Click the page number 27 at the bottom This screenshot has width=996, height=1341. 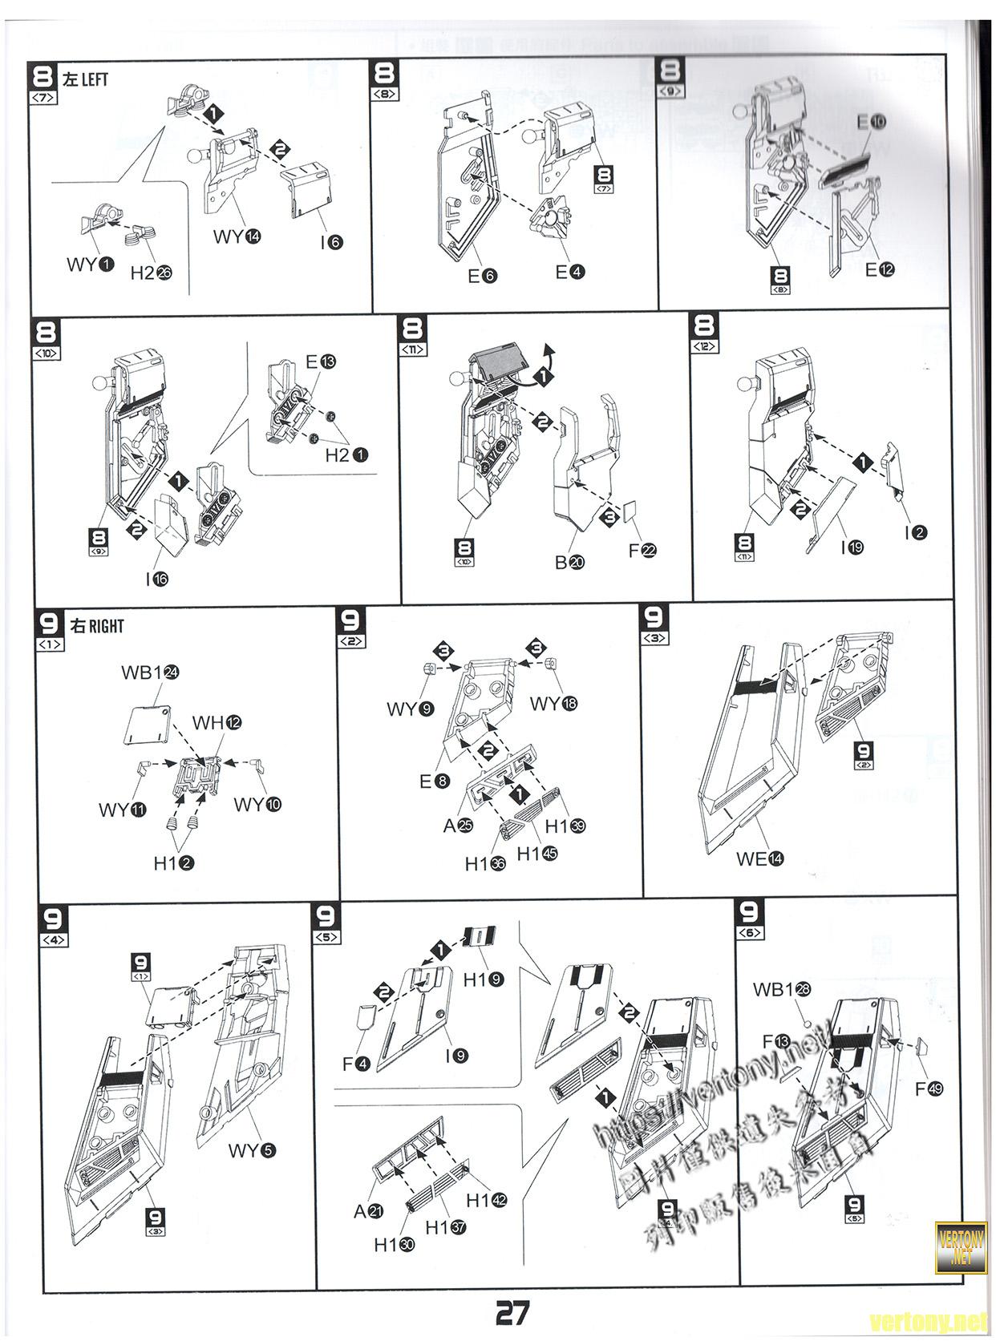point(512,1313)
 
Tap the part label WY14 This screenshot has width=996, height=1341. point(237,236)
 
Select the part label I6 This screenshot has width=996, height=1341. point(331,241)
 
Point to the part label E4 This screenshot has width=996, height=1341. point(569,273)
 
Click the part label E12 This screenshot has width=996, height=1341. point(880,270)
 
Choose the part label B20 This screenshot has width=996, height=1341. point(569,562)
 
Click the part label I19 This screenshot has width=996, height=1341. point(852,548)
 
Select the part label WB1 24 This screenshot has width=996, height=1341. point(150,673)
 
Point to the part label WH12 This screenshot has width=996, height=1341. point(217,722)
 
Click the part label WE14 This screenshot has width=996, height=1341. point(759,858)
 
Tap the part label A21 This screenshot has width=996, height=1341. point(368,1211)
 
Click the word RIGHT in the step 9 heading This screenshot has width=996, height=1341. point(106,626)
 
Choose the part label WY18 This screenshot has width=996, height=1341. point(553,704)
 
